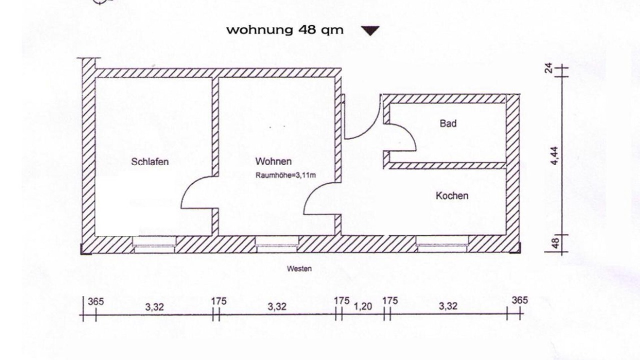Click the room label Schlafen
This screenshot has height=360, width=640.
pyautogui.click(x=149, y=161)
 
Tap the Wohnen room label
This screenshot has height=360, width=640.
pyautogui.click(x=273, y=161)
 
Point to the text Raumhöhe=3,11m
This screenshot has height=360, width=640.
pyautogui.click(x=285, y=175)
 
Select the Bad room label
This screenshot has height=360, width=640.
pyautogui.click(x=448, y=123)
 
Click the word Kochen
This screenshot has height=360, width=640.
pyautogui.click(x=452, y=195)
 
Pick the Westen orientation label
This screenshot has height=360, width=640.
pyautogui.click(x=299, y=268)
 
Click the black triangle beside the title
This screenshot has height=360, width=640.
pyautogui.click(x=370, y=30)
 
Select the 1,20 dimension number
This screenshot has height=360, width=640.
pyautogui.click(x=363, y=306)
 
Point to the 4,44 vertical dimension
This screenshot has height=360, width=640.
pyautogui.click(x=554, y=155)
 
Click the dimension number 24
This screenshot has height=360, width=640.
pyautogui.click(x=548, y=68)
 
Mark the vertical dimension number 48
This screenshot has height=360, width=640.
pyautogui.click(x=555, y=243)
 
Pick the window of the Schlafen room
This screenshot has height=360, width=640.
pyautogui.click(x=154, y=244)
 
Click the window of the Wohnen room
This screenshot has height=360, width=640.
pyautogui.click(x=277, y=244)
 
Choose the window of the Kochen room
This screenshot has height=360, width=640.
pyautogui.click(x=442, y=244)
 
